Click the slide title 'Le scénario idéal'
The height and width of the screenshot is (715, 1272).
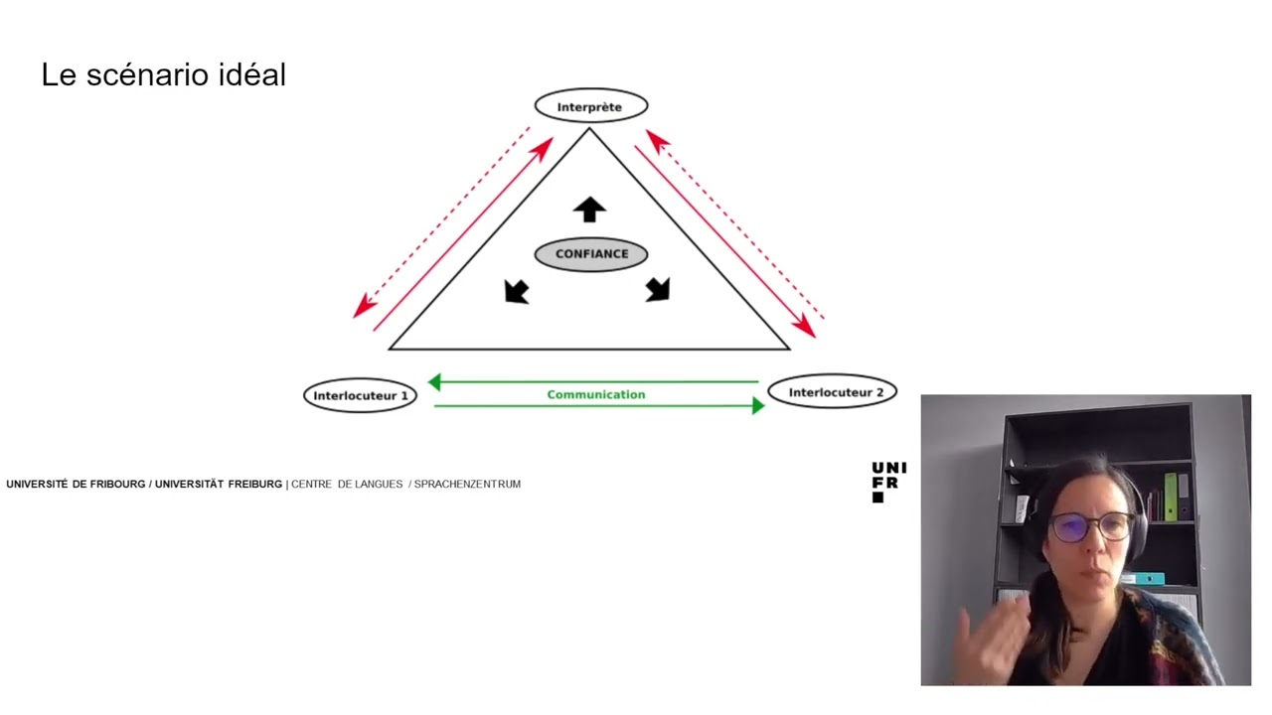point(164,74)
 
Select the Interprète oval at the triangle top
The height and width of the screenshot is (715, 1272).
point(590,105)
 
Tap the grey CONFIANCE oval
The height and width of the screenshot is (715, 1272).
point(591,254)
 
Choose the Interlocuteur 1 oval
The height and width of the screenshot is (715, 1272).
point(360,395)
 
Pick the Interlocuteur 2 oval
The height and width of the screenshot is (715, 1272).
point(833,391)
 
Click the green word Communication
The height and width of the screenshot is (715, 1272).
point(596,394)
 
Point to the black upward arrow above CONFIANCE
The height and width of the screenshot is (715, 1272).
point(589,210)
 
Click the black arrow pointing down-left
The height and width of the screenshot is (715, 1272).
point(516,292)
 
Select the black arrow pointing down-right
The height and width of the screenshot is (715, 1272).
point(659,289)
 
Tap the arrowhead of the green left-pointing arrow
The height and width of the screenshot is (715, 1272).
point(434,382)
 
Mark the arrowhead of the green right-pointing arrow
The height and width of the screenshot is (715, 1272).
point(758,406)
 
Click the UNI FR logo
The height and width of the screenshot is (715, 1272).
point(888,483)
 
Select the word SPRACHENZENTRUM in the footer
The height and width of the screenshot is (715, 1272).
point(467,484)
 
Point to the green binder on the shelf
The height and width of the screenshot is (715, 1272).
point(1171,497)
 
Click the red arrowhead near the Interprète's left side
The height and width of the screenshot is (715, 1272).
point(543,148)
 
